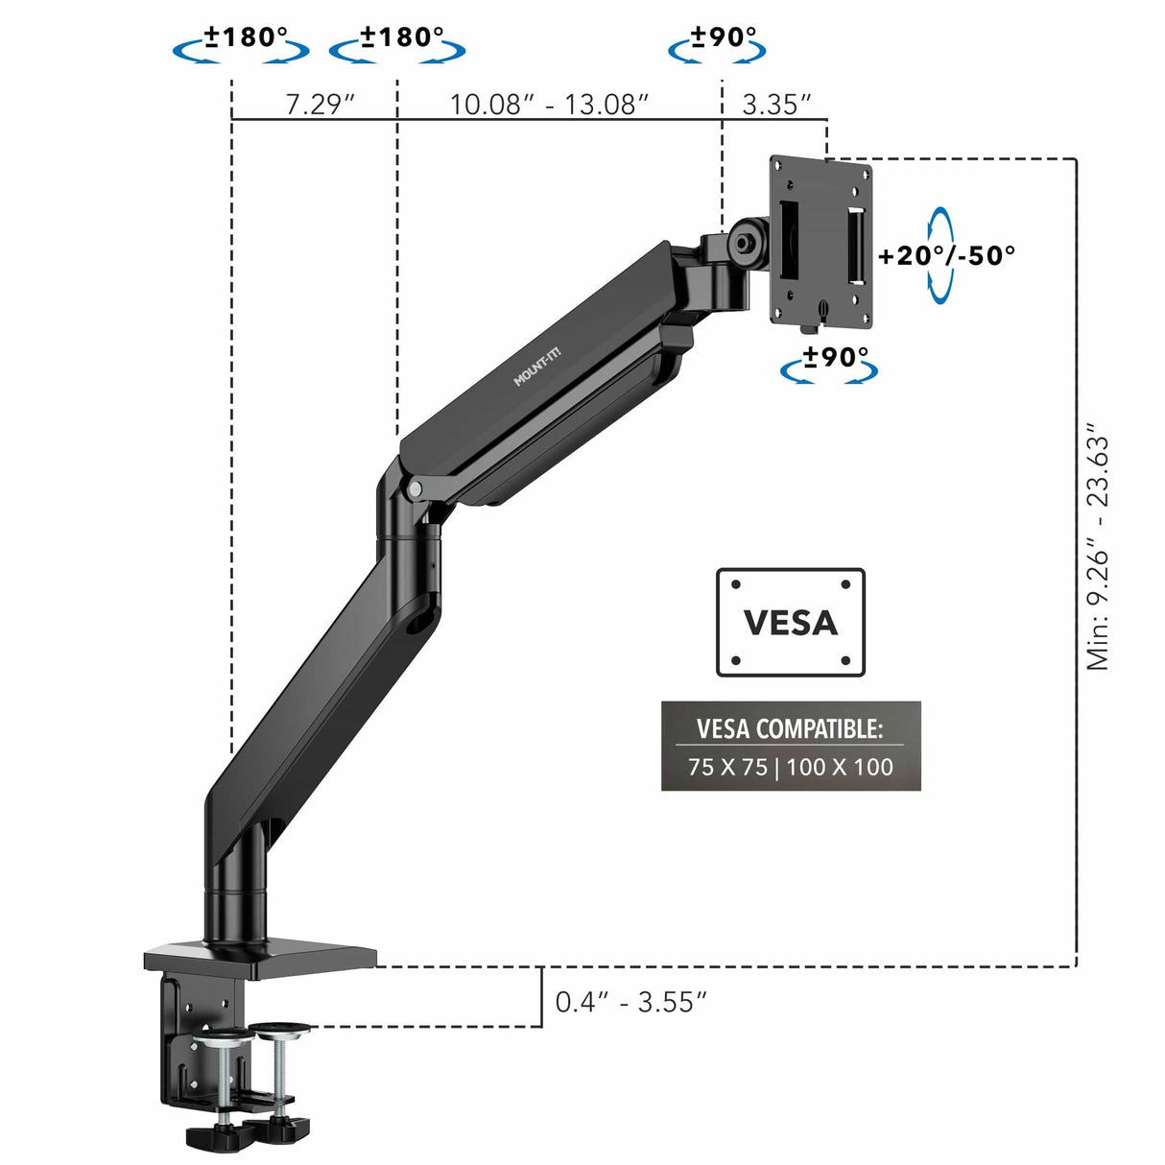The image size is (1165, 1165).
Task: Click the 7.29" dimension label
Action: click(321, 104)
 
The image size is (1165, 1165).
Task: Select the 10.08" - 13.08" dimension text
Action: click(550, 104)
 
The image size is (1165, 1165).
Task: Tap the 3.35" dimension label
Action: click(777, 104)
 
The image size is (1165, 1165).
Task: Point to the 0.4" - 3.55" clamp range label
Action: click(630, 1002)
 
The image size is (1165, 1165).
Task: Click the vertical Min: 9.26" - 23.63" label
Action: click(1098, 552)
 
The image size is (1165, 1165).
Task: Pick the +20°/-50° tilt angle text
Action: click(947, 255)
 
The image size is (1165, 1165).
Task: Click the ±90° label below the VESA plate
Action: click(836, 357)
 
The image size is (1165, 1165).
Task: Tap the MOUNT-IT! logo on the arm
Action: click(536, 368)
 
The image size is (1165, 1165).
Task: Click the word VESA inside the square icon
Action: click(791, 623)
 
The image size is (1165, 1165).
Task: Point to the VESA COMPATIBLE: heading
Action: click(790, 728)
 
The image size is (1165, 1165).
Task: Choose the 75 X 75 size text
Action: click(727, 768)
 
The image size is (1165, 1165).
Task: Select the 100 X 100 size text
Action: click(841, 768)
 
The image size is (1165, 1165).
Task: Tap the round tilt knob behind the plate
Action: click(746, 239)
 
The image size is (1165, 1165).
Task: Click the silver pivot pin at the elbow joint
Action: click(415, 489)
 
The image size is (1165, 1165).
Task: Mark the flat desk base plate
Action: click(259, 958)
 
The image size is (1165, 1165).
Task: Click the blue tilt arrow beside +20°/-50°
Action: click(940, 255)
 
